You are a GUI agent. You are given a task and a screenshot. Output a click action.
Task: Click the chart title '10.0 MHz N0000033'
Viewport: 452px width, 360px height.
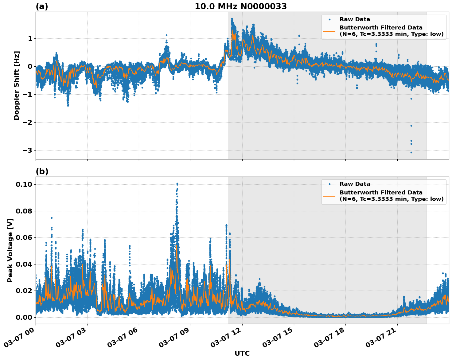[x=241, y=6]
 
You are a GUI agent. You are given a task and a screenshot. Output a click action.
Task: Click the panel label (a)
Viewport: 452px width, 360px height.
[x=42, y=6]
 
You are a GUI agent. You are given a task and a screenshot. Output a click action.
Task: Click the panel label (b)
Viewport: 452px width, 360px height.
[x=42, y=171]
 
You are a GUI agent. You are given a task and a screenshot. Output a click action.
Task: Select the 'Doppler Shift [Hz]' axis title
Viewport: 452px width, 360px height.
[x=17, y=85]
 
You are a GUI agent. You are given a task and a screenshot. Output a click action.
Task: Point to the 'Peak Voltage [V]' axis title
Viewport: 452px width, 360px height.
[x=10, y=250]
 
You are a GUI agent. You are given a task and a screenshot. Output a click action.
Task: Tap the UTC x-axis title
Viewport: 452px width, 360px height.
[x=242, y=353]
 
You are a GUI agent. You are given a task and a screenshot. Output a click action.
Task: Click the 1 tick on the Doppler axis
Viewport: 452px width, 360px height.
[x=30, y=39]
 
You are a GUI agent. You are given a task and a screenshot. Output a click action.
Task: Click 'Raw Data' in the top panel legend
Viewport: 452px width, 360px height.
[x=355, y=19]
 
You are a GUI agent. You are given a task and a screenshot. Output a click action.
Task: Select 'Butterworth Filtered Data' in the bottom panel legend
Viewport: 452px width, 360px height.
[x=381, y=193]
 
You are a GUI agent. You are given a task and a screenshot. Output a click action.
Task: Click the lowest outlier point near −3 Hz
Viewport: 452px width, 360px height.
[x=411, y=152]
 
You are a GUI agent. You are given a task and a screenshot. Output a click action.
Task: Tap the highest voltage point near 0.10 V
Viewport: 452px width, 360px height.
[x=177, y=184]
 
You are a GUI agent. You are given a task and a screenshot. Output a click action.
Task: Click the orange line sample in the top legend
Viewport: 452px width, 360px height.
[x=329, y=31]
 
